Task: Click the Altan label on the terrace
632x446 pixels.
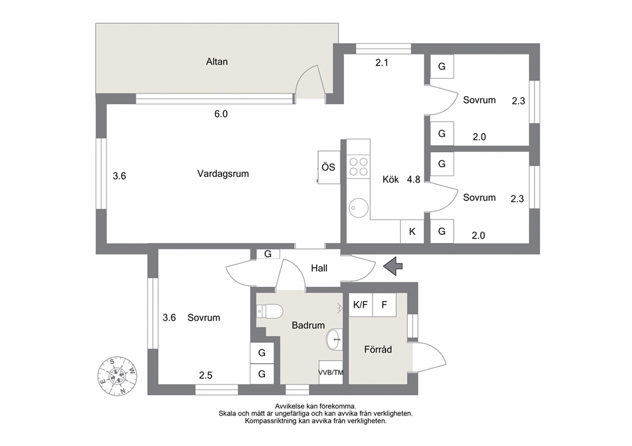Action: coord(217,62)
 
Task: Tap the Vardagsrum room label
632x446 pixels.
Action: coord(223,174)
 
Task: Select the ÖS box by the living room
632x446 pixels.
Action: coord(329,167)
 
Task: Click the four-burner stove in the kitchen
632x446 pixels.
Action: coord(358,167)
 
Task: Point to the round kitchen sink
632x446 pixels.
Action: coord(358,207)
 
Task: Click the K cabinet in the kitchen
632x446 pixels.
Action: coord(412,232)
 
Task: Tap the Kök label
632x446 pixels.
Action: coord(391,179)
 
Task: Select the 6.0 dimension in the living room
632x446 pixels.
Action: coord(221,114)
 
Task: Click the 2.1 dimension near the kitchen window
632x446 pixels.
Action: coord(382,62)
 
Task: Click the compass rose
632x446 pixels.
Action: coord(117,376)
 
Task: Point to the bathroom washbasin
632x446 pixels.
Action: coord(334,339)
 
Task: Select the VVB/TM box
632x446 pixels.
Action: coord(331,372)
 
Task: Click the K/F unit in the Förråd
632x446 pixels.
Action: coord(361,305)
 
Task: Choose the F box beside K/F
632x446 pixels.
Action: coord(384,305)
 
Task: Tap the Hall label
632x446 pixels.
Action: coord(319,268)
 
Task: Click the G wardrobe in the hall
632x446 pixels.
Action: coord(268,254)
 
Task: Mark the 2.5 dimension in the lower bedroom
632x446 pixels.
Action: coord(206,375)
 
